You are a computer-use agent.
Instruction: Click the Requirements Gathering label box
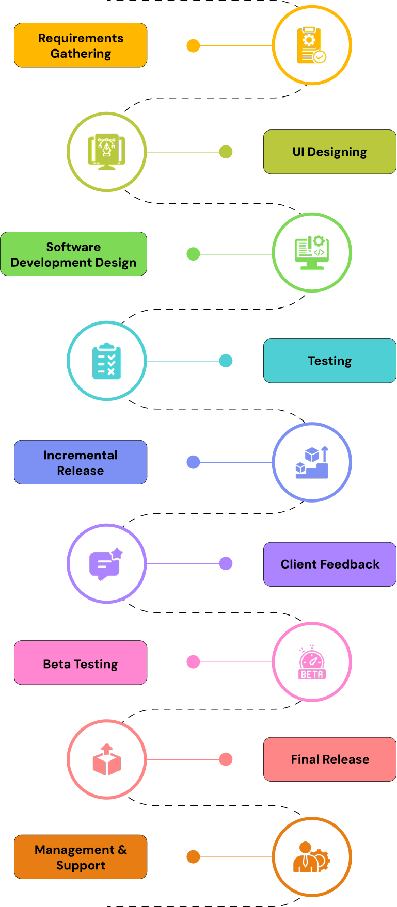tap(81, 45)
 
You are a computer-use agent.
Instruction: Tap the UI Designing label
tap(330, 152)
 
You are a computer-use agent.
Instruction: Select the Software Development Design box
tap(73, 254)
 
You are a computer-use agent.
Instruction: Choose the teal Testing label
tap(330, 361)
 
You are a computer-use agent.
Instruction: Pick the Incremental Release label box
tap(81, 462)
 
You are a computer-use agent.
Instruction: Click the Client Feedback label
tap(330, 564)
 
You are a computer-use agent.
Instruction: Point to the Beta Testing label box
tap(81, 663)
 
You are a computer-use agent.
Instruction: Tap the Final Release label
tap(330, 759)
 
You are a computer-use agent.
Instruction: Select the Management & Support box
tap(81, 857)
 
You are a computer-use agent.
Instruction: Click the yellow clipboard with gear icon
tap(312, 45)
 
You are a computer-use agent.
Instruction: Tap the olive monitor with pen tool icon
tap(107, 152)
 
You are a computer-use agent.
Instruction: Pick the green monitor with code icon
tap(312, 253)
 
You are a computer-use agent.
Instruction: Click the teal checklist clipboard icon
tap(107, 361)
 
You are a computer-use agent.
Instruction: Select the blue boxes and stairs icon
tap(312, 462)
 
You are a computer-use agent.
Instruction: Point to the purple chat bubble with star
tap(107, 563)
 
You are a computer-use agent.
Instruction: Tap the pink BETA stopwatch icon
tap(312, 662)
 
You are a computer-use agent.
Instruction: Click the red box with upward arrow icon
tap(107, 759)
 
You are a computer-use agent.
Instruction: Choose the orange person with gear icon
tap(312, 857)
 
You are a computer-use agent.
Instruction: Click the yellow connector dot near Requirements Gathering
tap(193, 46)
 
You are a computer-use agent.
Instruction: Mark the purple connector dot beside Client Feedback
tap(226, 563)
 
